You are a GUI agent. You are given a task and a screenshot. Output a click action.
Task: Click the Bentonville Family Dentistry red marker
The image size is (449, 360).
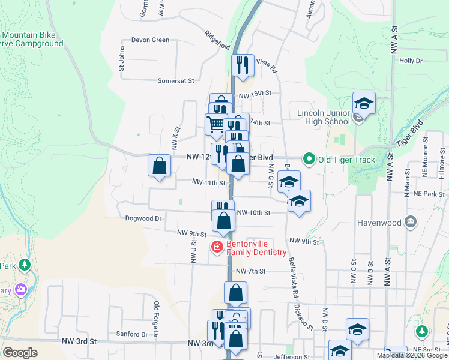217,247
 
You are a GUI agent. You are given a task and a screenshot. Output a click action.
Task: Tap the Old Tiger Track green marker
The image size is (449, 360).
309,159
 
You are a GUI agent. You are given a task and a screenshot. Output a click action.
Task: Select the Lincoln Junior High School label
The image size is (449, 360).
324,117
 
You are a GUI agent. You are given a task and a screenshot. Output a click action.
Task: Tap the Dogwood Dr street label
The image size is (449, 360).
144,219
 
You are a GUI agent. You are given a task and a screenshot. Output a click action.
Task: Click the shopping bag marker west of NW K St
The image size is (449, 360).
159,164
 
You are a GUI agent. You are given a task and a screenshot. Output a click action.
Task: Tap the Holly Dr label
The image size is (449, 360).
411,61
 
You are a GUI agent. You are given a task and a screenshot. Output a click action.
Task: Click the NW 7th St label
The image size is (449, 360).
250,271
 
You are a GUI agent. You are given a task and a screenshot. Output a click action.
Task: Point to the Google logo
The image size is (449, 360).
20,353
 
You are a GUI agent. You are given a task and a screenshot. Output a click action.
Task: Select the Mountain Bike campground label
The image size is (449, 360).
30,40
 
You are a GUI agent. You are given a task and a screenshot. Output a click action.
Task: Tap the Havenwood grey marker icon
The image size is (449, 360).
411,222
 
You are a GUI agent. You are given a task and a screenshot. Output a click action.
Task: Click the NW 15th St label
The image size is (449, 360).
255,94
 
